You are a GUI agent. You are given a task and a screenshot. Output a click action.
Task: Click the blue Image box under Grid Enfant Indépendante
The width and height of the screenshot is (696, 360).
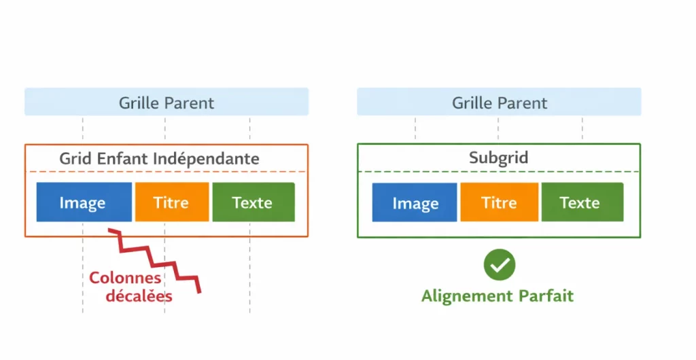(x=83, y=202)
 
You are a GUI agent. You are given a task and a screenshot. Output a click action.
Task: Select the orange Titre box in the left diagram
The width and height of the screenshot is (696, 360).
(x=171, y=202)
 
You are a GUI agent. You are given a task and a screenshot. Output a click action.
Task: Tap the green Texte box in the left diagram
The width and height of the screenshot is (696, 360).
(x=253, y=202)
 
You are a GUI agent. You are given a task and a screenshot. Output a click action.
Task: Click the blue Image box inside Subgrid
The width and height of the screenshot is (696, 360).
(x=415, y=202)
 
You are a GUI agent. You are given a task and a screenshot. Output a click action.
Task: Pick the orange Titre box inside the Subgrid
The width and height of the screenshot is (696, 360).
(x=499, y=202)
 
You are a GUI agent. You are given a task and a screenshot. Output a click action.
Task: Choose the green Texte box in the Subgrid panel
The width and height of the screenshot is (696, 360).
(x=581, y=202)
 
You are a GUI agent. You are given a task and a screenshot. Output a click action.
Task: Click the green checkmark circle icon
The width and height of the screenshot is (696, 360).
(x=500, y=265)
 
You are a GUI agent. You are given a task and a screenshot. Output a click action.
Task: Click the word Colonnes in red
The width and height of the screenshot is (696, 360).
(x=125, y=278)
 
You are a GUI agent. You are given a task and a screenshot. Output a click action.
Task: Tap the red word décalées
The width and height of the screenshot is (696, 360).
(x=139, y=296)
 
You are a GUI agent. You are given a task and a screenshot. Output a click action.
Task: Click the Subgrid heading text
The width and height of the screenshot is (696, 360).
(x=499, y=158)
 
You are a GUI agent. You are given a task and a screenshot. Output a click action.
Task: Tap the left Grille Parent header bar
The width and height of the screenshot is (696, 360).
(x=166, y=103)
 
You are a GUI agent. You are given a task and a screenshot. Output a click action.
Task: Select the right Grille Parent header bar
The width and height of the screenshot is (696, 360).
(x=499, y=103)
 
